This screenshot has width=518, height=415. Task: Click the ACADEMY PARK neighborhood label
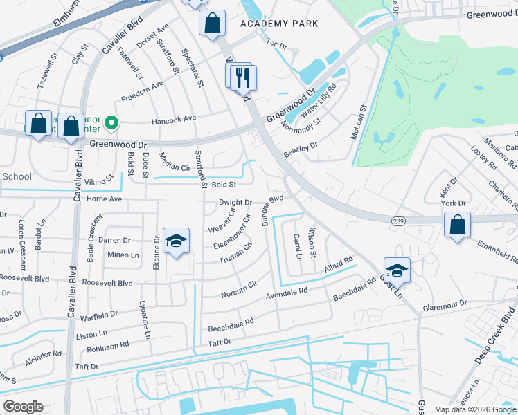click(279, 24)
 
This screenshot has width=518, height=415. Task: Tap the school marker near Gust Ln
click(397, 270)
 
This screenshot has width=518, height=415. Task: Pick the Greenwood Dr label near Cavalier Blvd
click(119, 145)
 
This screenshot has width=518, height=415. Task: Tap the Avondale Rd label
click(287, 295)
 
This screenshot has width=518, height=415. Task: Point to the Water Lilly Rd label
click(318, 100)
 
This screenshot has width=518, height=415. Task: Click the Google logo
click(23, 407)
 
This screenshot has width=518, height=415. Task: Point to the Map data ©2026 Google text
click(474, 409)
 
